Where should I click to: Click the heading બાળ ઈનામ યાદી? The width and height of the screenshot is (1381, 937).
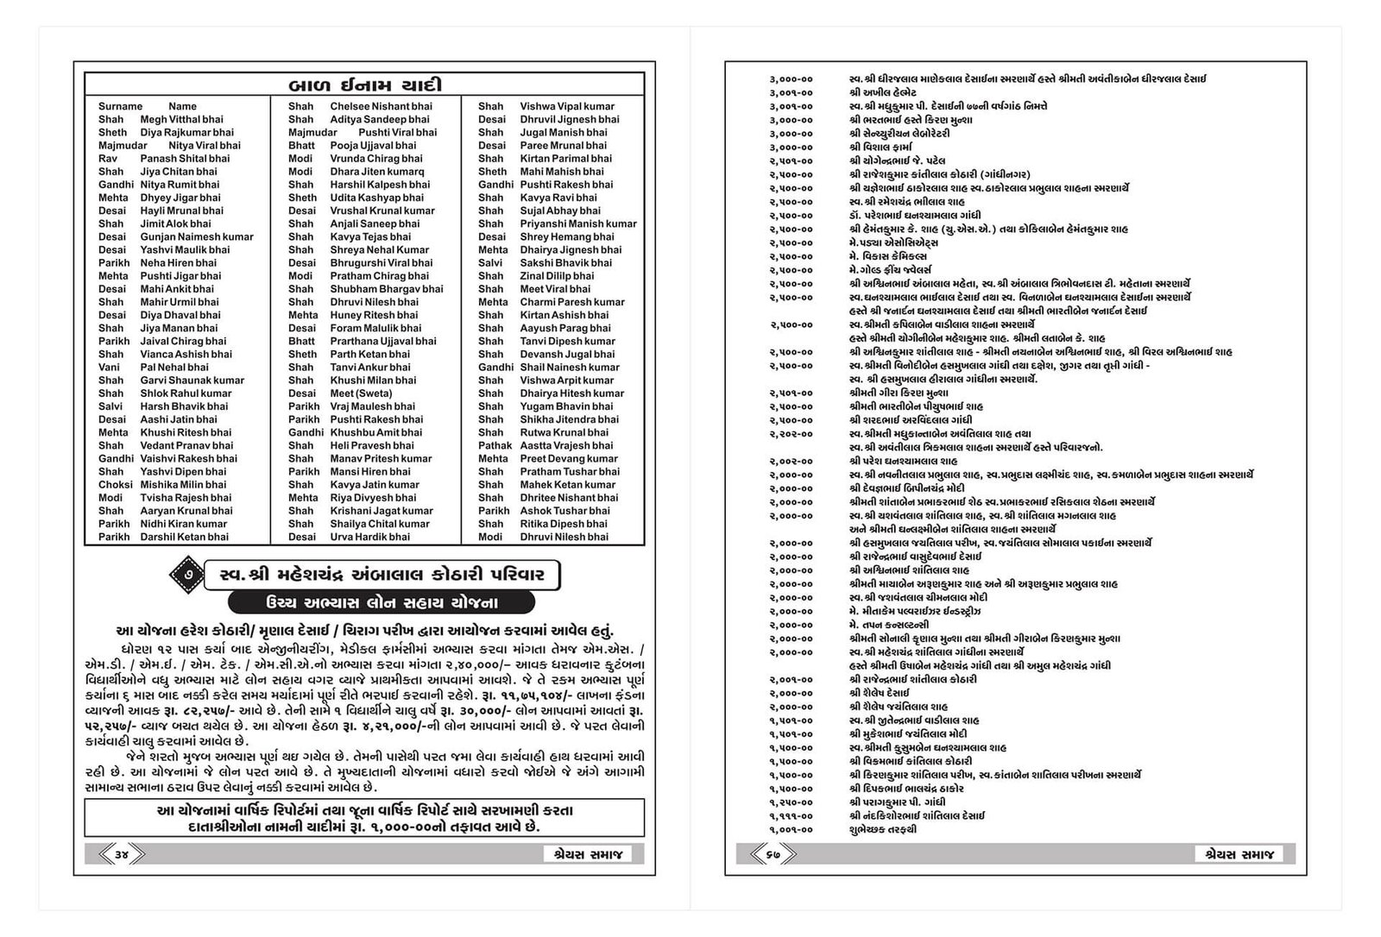pyautogui.click(x=363, y=85)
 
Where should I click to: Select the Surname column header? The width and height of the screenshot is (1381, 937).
pyautogui.click(x=120, y=106)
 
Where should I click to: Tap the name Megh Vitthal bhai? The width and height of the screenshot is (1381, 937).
pyautogui.click(x=181, y=119)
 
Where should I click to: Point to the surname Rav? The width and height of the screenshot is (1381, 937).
pyautogui.click(x=108, y=159)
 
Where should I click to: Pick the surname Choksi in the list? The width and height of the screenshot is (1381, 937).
pyautogui.click(x=115, y=485)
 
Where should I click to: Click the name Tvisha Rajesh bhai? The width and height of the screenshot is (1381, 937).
pyautogui.click(x=186, y=498)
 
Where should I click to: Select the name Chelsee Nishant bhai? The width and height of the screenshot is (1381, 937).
pyautogui.click(x=381, y=106)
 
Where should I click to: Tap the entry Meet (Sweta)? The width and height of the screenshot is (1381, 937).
pyautogui.click(x=361, y=393)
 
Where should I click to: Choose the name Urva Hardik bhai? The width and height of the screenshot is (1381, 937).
pyautogui.click(x=369, y=537)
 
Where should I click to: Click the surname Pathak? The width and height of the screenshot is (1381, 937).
pyautogui.click(x=495, y=445)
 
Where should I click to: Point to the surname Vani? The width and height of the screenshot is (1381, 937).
pyautogui.click(x=109, y=367)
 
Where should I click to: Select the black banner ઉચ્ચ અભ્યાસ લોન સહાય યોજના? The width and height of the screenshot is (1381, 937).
pyautogui.click(x=381, y=602)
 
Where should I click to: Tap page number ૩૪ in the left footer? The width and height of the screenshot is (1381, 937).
pyautogui.click(x=121, y=854)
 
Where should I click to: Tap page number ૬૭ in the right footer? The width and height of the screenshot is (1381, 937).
pyautogui.click(x=772, y=854)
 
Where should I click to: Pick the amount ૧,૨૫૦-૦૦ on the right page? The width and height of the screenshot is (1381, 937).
pyautogui.click(x=791, y=802)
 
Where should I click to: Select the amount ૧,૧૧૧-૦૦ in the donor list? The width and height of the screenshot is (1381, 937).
pyautogui.click(x=791, y=815)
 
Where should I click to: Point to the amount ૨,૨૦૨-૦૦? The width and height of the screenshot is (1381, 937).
pyautogui.click(x=791, y=434)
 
